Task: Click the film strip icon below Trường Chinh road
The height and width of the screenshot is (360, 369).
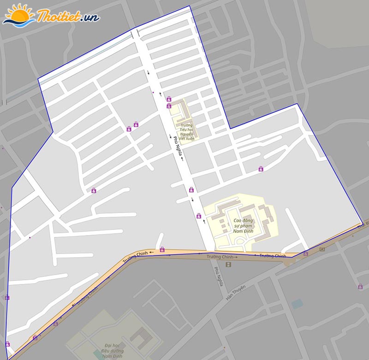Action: coord(229,265)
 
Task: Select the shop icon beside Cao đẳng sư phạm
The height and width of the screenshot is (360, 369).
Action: coord(199,215)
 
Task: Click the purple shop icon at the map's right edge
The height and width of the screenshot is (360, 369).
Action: coord(360,287)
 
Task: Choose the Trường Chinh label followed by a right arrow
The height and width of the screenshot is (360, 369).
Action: coord(222,257)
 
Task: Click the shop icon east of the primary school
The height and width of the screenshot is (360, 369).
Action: coord(261,169)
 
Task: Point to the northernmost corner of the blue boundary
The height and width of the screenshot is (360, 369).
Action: coord(190,6)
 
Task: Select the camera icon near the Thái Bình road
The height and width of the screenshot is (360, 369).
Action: coord(321,249)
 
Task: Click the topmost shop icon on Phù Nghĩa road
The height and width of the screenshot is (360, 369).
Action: coord(169,99)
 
